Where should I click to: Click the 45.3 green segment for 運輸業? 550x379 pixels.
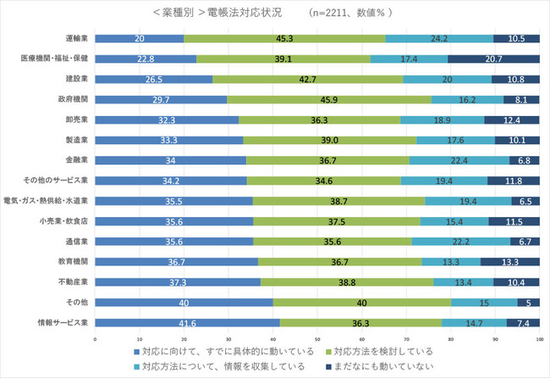tap(284, 39)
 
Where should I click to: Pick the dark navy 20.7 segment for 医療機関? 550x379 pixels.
tap(493, 59)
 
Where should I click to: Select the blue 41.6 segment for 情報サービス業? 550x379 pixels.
tap(187, 322)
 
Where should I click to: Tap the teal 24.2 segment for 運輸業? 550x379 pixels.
tap(439, 39)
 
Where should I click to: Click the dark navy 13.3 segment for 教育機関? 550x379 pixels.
tap(510, 261)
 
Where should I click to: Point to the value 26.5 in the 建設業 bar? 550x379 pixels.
tap(153, 79)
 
